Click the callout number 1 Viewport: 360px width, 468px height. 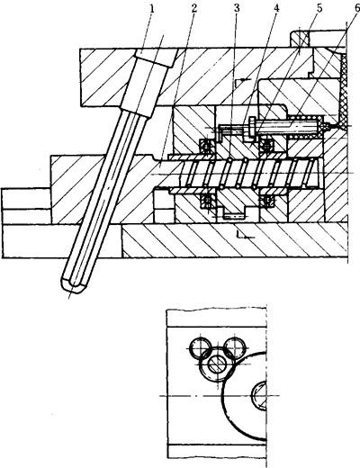(x=152, y=9)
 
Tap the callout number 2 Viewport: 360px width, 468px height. (x=194, y=8)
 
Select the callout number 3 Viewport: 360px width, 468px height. (x=237, y=8)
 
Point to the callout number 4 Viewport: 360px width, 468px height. (x=276, y=8)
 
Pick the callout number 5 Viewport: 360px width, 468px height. (x=319, y=8)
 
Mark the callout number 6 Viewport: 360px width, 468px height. (x=356, y=8)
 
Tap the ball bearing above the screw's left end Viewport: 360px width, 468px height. (x=206, y=146)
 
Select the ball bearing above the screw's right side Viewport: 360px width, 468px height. (x=267, y=145)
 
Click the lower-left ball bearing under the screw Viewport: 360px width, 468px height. (x=207, y=201)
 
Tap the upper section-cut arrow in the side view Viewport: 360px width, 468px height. (x=244, y=80)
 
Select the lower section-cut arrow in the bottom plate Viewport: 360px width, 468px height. (x=245, y=235)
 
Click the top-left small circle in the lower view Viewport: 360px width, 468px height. (x=200, y=348)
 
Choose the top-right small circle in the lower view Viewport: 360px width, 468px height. (x=236, y=348)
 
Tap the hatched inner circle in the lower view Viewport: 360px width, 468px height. (x=218, y=364)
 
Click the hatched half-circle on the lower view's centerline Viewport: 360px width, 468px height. (x=259, y=396)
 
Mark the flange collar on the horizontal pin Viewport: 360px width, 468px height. (x=252, y=126)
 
